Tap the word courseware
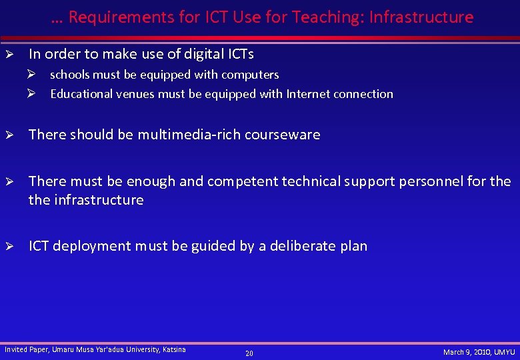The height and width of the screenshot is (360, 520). [283, 135]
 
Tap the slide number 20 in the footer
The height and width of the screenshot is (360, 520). [249, 353]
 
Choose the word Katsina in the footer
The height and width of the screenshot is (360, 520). [175, 349]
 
